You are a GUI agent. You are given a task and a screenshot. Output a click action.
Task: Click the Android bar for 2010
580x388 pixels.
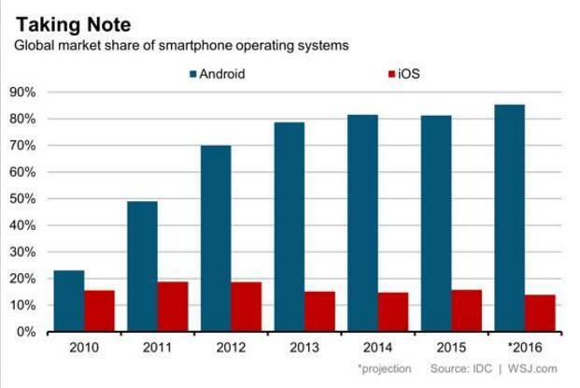tap(68, 301)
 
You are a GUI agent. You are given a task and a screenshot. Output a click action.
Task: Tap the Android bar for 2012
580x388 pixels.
tap(215, 238)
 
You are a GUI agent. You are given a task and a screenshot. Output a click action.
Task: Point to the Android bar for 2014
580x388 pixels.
tap(362, 223)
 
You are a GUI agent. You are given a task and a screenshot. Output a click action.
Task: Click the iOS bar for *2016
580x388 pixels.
tap(541, 313)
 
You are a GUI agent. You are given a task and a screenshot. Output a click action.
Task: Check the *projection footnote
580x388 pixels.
tap(384, 369)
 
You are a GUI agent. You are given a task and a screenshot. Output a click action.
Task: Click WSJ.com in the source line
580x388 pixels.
tap(538, 369)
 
